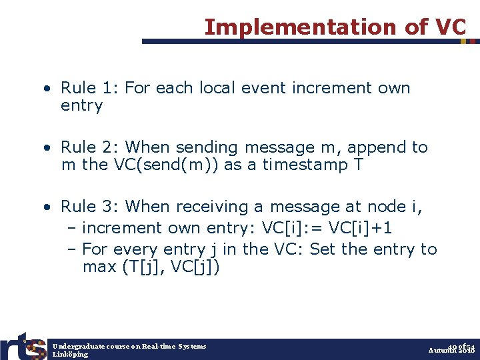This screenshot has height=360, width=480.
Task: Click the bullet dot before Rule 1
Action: (49, 89)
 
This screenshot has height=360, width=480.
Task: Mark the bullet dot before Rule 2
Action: (49, 147)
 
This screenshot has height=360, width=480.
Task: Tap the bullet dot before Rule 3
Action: (49, 207)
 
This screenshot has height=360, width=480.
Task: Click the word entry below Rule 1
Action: (81, 106)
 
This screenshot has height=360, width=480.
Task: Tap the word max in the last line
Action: (97, 267)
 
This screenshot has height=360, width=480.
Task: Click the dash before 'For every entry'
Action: (72, 249)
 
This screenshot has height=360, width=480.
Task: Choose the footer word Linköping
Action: (70, 355)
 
